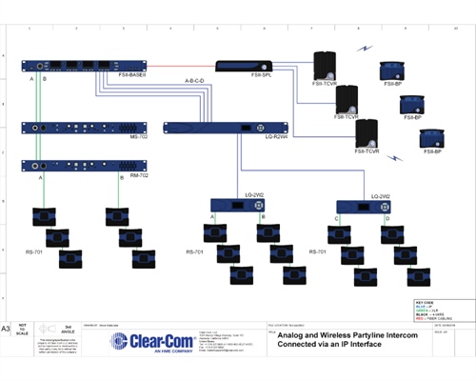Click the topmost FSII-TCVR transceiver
pos(327,62)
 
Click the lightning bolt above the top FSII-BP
pos(367,46)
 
